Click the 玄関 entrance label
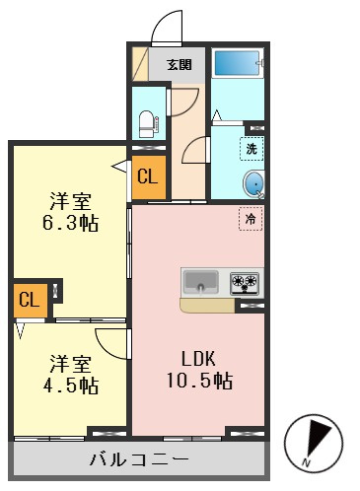[x=180, y=65]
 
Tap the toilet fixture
[x=147, y=124]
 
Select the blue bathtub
[x=237, y=63]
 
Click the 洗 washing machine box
[x=252, y=149]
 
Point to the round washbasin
[x=253, y=183]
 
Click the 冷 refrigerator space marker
[x=251, y=219]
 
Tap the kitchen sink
[x=200, y=282]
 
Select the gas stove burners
[x=245, y=283]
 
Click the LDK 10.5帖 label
[x=199, y=370]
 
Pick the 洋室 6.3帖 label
[x=71, y=212]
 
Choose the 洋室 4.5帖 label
[x=71, y=374]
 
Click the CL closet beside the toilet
[x=148, y=177]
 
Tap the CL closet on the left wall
[x=31, y=300]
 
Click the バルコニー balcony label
[x=139, y=458]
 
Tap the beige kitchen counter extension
[x=208, y=305]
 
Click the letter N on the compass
[x=306, y=463]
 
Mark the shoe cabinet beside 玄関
[x=140, y=64]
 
